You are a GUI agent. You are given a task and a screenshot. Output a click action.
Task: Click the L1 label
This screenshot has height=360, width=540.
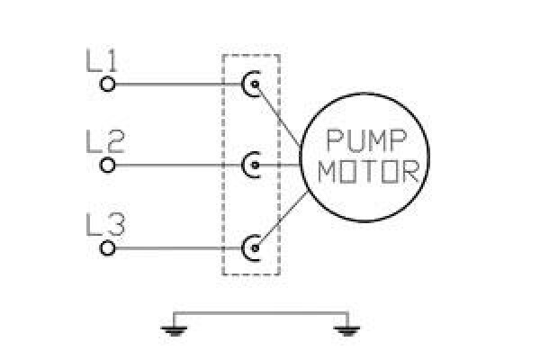102,61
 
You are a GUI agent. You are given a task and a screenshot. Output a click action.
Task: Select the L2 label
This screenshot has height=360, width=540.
104,141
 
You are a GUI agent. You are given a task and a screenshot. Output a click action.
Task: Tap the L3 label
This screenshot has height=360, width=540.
105,225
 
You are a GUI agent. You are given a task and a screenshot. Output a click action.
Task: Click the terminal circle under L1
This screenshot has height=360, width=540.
107,84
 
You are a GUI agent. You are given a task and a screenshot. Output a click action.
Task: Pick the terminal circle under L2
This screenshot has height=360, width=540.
107,165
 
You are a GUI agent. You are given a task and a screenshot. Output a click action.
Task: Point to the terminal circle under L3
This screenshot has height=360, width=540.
107,248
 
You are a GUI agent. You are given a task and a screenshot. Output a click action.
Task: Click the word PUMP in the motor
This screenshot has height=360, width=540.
366,140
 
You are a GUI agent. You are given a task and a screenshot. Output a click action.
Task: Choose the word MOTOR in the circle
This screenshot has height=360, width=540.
368,171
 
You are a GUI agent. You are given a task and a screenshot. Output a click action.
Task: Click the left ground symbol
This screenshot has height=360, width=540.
175,330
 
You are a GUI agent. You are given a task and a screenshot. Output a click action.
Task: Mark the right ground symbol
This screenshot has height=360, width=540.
347,330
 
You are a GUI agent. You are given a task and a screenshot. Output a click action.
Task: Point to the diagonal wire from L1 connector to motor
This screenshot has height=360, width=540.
278,115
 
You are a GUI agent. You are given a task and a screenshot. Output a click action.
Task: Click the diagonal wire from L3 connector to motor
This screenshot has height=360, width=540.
281,220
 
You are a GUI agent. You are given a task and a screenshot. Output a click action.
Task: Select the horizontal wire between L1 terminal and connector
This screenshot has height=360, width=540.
179,84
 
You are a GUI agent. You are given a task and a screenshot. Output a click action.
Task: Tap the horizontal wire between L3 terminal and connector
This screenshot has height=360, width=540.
179,248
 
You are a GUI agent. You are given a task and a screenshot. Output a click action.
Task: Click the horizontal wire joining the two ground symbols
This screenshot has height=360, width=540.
261,313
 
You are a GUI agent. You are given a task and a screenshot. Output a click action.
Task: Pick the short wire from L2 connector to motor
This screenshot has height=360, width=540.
278,165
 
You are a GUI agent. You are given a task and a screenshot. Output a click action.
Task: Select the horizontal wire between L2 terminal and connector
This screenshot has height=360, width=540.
179,165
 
